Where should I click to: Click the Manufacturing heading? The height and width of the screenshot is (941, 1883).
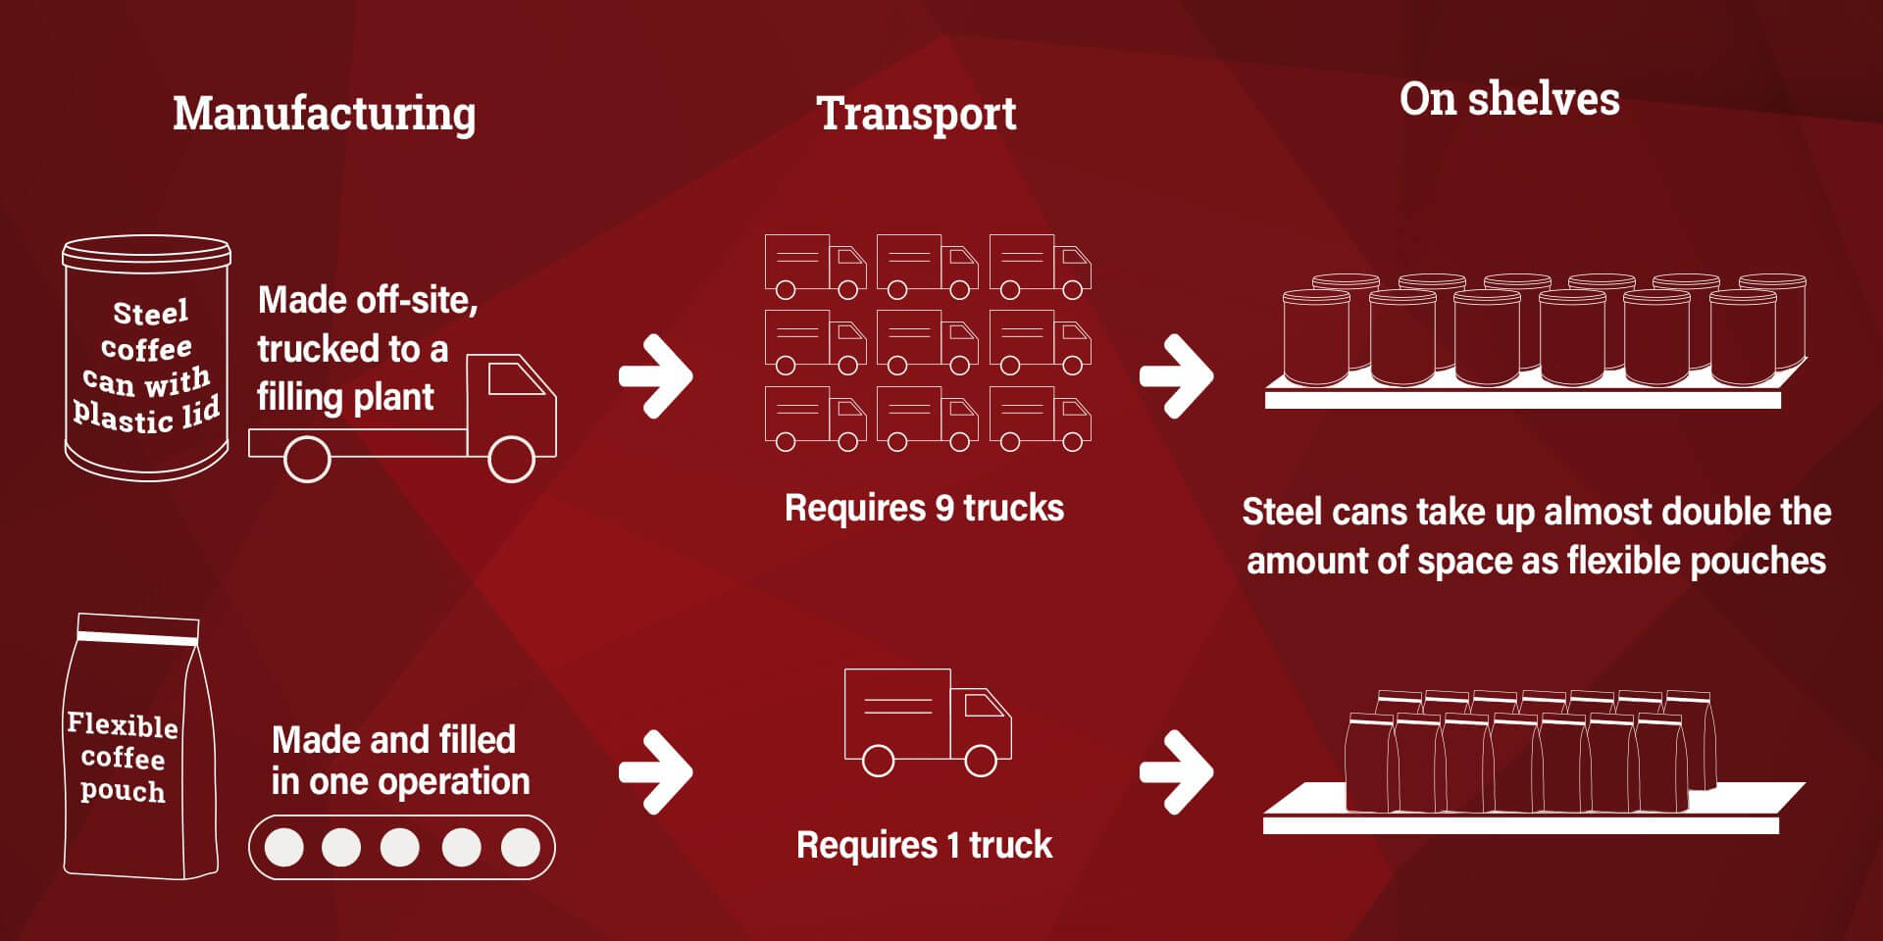[x=325, y=114]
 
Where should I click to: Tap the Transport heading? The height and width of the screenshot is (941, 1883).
[x=916, y=114]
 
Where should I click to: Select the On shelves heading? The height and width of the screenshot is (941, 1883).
[x=1509, y=99]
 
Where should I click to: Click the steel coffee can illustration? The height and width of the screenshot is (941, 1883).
[x=146, y=359]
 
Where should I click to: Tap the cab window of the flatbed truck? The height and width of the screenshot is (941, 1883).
[x=515, y=378]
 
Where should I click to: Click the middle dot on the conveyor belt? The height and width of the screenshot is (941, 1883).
[x=400, y=848]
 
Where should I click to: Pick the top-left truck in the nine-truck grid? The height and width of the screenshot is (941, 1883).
[x=814, y=266]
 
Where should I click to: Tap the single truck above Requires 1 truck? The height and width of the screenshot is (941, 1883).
[x=927, y=721]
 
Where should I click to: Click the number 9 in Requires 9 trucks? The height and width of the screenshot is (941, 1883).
[x=944, y=508]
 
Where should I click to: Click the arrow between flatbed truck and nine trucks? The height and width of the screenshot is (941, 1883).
[x=656, y=376]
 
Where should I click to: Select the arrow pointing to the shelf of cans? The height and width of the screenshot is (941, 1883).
[x=1177, y=376]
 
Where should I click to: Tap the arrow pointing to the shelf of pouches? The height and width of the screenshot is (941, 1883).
[x=1177, y=772]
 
